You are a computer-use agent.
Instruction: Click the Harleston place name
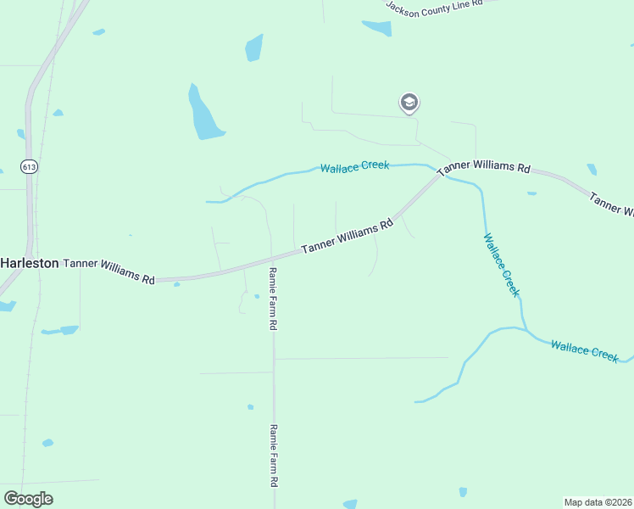(30, 263)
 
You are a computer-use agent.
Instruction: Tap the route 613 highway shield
(30, 167)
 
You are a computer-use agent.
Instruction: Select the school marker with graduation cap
(409, 103)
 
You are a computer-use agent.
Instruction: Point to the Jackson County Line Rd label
(434, 5)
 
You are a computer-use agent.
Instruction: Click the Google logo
(28, 498)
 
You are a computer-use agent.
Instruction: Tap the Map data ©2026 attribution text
(598, 502)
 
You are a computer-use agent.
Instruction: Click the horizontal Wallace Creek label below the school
(354, 166)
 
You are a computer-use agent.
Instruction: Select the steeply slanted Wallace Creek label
(500, 264)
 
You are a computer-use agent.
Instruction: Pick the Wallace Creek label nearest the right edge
(584, 350)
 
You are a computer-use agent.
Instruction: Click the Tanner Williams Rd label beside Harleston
(110, 271)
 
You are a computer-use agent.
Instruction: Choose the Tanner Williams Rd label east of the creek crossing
(483, 167)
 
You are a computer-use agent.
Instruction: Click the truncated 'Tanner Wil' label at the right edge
(612, 204)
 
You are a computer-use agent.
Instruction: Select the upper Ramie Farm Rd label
(273, 298)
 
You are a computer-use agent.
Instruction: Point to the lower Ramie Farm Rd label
(274, 455)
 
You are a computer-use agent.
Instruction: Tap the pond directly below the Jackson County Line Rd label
(377, 27)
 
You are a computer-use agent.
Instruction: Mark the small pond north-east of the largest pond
(253, 48)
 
